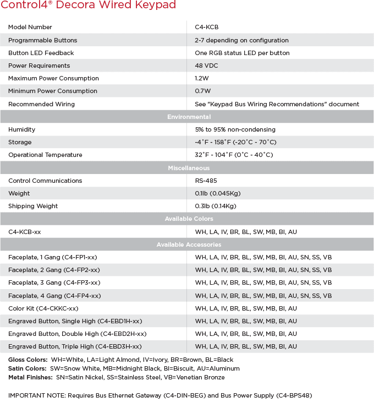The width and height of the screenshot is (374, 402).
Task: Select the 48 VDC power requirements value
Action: tap(206, 66)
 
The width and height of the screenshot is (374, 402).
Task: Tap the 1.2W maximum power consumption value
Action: tap(202, 78)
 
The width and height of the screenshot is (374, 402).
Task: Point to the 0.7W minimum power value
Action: tap(202, 91)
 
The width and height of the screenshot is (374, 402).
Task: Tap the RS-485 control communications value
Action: tap(206, 181)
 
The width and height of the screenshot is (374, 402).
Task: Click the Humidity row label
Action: tap(21, 129)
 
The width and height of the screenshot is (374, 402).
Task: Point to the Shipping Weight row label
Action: tap(33, 206)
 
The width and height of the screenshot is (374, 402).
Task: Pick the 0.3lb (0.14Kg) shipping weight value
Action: tap(215, 206)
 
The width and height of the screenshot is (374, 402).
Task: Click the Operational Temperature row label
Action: tap(45, 155)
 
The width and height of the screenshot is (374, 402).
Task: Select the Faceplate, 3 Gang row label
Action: tap(54, 283)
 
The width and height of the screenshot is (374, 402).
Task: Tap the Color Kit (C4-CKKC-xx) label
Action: tap(43, 308)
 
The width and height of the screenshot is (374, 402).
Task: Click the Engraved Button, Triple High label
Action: tap(75, 346)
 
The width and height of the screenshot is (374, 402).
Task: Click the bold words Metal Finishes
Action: tap(30, 377)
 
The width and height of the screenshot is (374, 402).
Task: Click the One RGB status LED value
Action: tap(242, 53)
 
